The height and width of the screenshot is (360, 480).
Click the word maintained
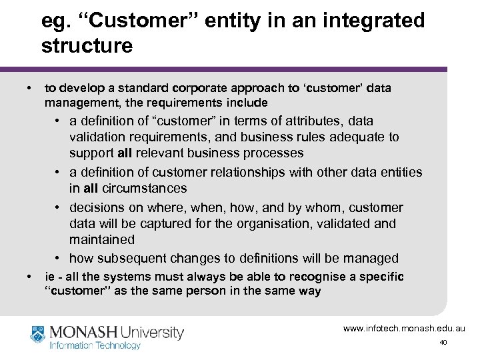coord(101,239)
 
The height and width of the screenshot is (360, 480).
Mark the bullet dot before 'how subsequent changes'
coord(59,257)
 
